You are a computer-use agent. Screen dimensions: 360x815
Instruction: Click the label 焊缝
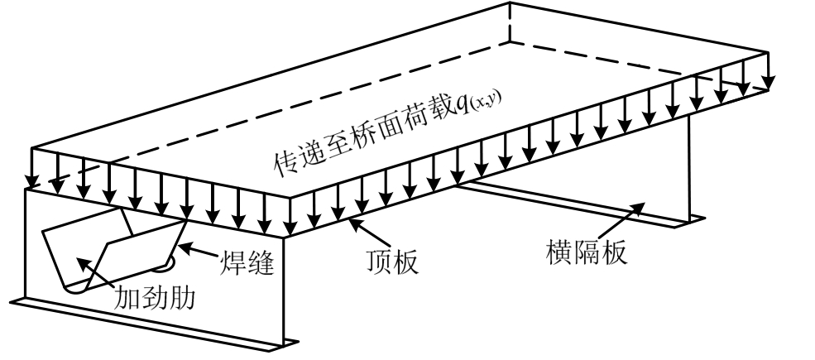[246, 264]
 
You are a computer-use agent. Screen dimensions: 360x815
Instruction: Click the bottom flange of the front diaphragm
[149, 322]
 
